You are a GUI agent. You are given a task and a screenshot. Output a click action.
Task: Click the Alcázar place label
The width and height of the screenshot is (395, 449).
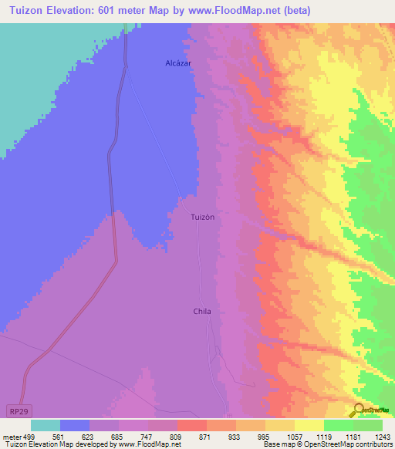(x=178, y=62)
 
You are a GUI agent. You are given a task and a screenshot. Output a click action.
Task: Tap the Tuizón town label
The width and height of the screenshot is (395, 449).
(x=202, y=218)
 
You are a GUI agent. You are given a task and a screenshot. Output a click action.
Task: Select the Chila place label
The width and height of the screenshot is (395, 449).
(x=202, y=312)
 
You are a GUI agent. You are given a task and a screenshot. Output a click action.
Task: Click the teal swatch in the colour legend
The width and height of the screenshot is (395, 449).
(x=46, y=425)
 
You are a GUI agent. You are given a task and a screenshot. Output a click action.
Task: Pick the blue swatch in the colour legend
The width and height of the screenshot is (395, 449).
(x=75, y=425)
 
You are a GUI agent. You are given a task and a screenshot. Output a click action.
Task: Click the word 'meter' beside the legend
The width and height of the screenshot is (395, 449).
(x=12, y=437)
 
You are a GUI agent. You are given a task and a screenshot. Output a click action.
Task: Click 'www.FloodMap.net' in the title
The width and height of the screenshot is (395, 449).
(x=234, y=8)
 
